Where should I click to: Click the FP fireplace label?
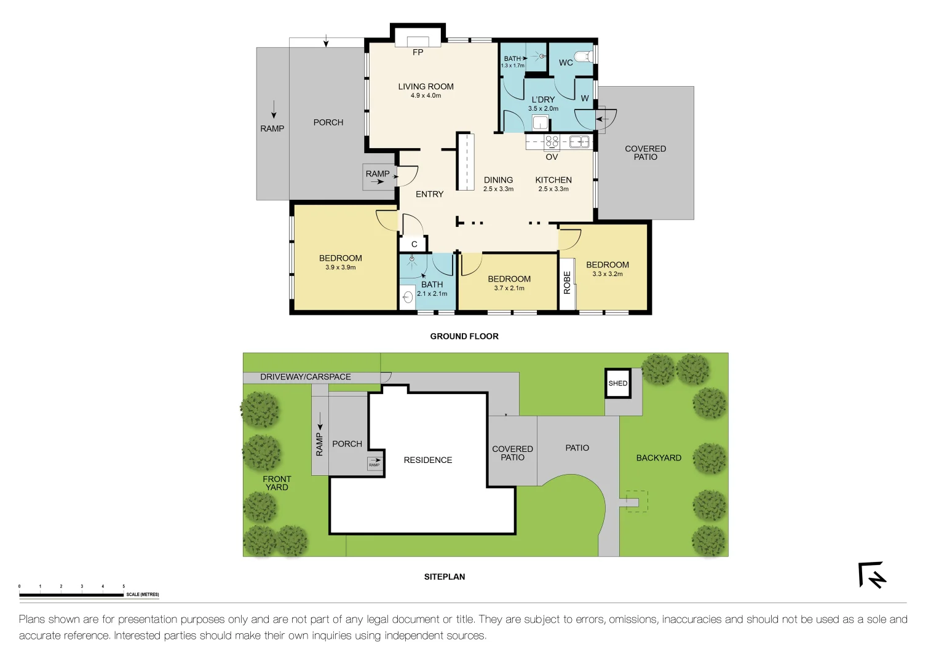point(418,52)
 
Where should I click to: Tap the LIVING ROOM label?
point(426,87)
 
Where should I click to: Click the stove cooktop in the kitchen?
point(552,142)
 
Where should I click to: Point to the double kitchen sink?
point(579,142)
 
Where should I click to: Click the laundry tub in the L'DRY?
point(540,122)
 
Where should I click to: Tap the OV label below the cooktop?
point(552,157)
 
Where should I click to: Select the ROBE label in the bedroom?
point(567,283)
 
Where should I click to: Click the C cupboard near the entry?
point(414,244)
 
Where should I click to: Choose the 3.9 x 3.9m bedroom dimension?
point(340,267)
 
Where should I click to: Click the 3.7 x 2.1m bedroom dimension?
point(509,288)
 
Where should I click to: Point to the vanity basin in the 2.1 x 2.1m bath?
point(408,298)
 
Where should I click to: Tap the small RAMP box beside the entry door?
point(378,177)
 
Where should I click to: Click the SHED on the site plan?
point(618,383)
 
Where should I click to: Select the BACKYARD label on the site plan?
point(659,458)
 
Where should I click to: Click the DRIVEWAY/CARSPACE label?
point(306,377)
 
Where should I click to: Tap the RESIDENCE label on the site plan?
point(428,460)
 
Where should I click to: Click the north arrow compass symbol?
point(872,575)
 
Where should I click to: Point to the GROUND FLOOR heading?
point(464,336)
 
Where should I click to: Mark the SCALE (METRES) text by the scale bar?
point(143,595)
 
